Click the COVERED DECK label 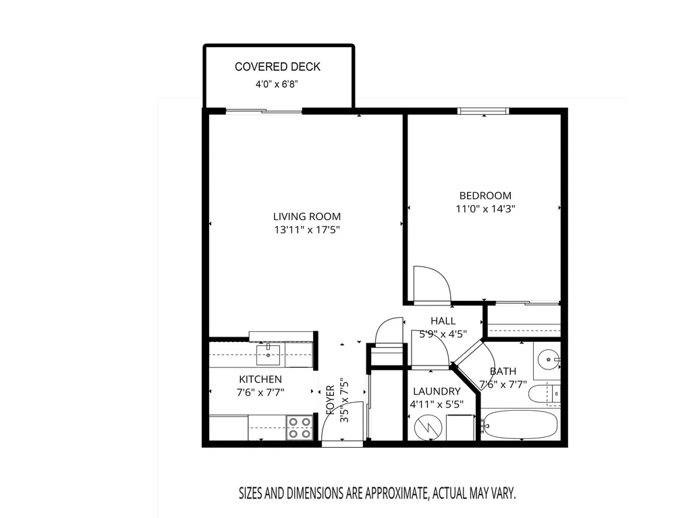coord(277,67)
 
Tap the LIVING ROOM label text coord(307,217)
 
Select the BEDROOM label coord(485,196)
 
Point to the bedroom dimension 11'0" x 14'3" coord(485,208)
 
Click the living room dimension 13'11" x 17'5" coord(307,229)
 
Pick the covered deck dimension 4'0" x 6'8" coord(277,84)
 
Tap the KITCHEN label coord(260,379)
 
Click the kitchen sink coord(268,355)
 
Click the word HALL coord(443,320)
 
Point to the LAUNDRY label coord(437,391)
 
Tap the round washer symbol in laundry coord(429,426)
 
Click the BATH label coord(503,372)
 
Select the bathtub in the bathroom coord(519,425)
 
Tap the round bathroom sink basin coord(549,359)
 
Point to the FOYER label coord(331,400)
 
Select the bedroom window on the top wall coord(483,111)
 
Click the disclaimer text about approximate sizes coord(377,493)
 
